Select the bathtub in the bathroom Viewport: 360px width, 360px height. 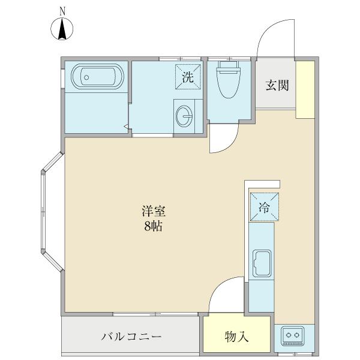coord(96,77)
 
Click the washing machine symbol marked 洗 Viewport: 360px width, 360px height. coord(188,76)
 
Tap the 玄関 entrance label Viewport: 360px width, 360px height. coord(277,85)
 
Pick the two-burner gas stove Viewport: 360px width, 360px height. coord(293,336)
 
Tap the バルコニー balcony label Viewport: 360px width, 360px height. coord(131,337)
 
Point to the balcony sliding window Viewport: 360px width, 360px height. coord(156,313)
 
